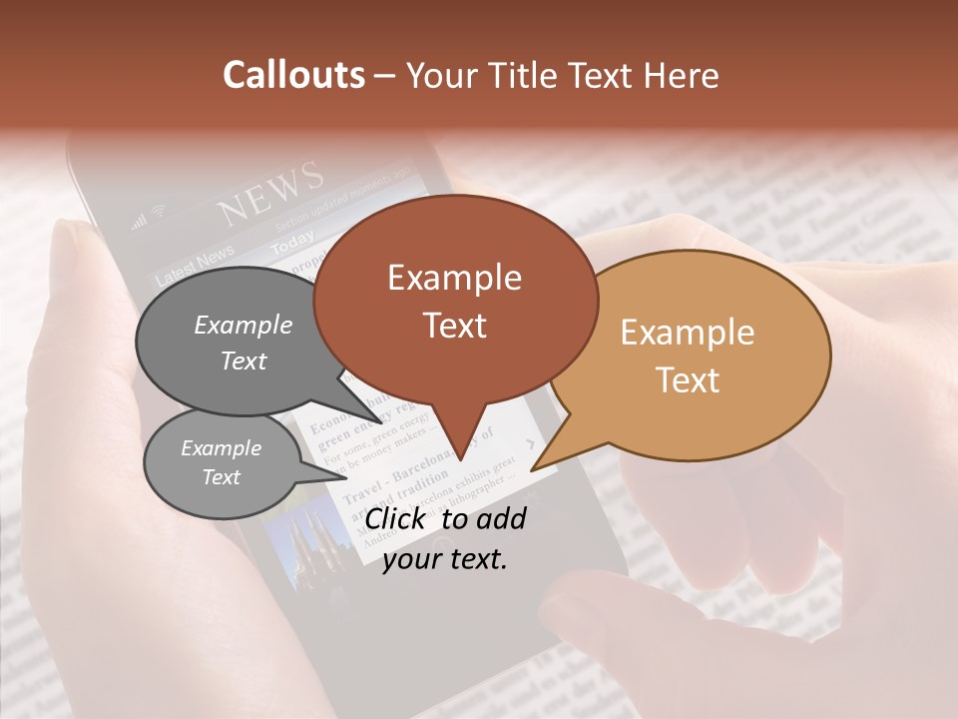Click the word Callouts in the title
[293, 75]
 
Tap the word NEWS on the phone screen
[271, 196]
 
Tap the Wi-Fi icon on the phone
[159, 212]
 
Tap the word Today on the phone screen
[292, 243]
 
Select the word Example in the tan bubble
[687, 333]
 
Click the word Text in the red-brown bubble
[455, 325]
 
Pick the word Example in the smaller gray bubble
[221, 448]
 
